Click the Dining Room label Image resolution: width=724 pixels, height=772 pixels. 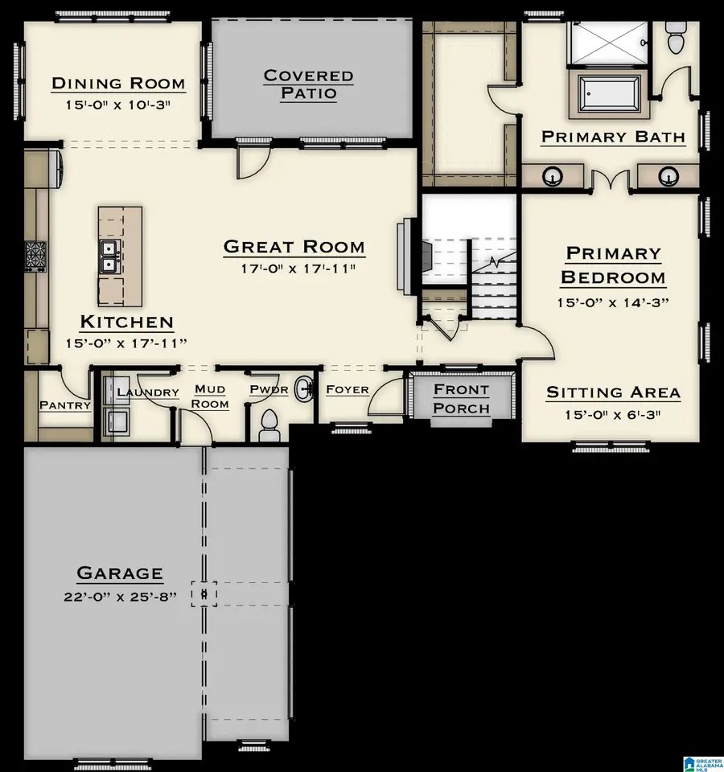point(118,83)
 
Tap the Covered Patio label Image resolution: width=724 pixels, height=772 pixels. point(308,84)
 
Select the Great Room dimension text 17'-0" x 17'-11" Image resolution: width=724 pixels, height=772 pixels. point(298,269)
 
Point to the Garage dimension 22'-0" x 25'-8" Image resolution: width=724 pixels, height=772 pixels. point(120,597)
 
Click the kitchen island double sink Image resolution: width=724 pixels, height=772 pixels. point(108,257)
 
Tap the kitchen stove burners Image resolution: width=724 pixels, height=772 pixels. point(35,256)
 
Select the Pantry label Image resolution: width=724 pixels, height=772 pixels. point(65,405)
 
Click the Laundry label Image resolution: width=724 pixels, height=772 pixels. point(148,392)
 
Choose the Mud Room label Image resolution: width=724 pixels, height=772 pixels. point(210,396)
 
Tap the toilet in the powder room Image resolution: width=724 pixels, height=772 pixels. point(269,426)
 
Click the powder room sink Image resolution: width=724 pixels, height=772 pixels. point(304,389)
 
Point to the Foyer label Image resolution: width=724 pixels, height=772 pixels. point(348,389)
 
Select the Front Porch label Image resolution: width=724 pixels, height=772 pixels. point(462,399)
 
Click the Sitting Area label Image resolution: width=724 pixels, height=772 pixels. point(613,392)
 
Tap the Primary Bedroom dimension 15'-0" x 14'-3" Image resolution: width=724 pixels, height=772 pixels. point(613,302)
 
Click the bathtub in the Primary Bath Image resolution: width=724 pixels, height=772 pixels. point(609,94)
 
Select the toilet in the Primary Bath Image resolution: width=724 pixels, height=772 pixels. point(674,38)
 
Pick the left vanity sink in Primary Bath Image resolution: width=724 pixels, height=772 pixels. point(552,176)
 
